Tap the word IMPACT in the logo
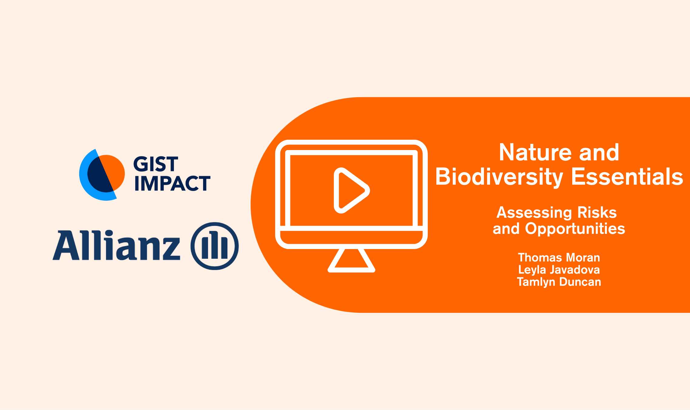point(172,183)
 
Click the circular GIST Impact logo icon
point(102,175)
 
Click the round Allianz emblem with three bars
point(215,246)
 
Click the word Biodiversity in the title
point(499,177)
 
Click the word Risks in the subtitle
point(597,212)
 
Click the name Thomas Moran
point(559,258)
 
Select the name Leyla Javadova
point(559,270)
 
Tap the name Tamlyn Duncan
point(559,282)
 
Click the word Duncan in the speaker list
point(580,282)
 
